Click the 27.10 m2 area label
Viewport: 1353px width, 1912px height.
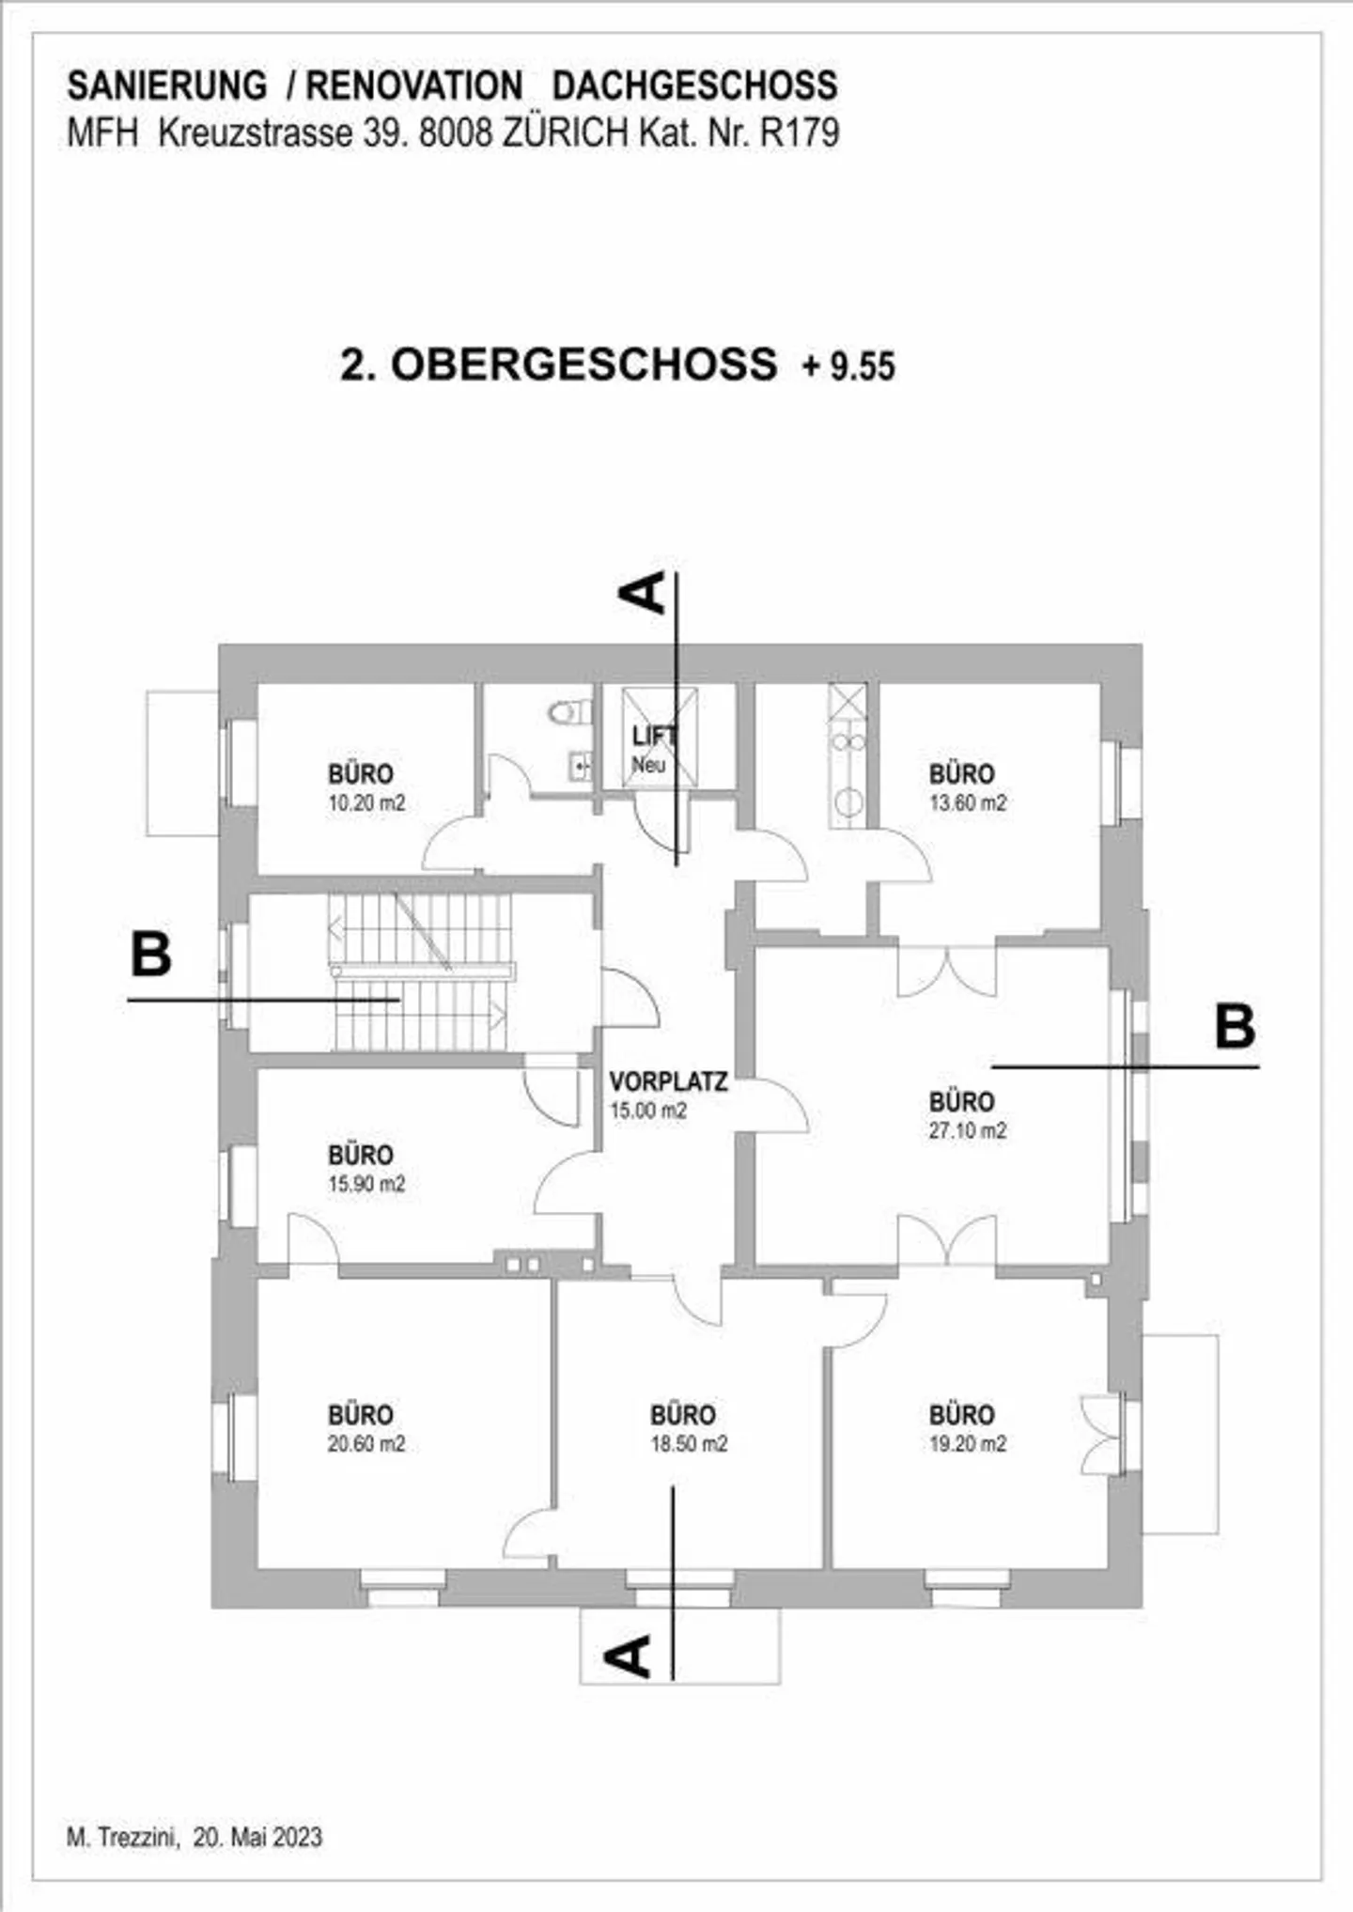pyautogui.click(x=967, y=1130)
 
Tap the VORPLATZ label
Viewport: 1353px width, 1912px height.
pyautogui.click(x=668, y=1081)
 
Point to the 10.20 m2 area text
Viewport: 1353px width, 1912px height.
pyautogui.click(x=365, y=803)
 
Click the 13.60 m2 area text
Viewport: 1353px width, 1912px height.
pyautogui.click(x=967, y=803)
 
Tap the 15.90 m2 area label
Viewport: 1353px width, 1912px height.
pyautogui.click(x=365, y=1184)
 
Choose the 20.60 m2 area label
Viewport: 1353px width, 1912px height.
pyautogui.click(x=365, y=1443)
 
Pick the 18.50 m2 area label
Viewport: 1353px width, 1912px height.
pyautogui.click(x=689, y=1443)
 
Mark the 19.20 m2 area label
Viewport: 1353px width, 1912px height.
pyautogui.click(x=967, y=1443)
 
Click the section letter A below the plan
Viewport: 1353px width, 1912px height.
pyautogui.click(x=629, y=1656)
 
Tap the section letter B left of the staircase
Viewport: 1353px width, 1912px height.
pyautogui.click(x=151, y=955)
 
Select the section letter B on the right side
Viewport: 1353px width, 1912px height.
pyautogui.click(x=1235, y=1027)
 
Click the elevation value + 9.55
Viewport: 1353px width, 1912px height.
pyautogui.click(x=848, y=366)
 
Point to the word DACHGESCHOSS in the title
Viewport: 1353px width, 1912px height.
pyautogui.click(x=694, y=85)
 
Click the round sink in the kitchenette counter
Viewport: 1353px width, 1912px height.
pyautogui.click(x=848, y=801)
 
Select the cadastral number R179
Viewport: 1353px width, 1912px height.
pyautogui.click(x=799, y=133)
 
